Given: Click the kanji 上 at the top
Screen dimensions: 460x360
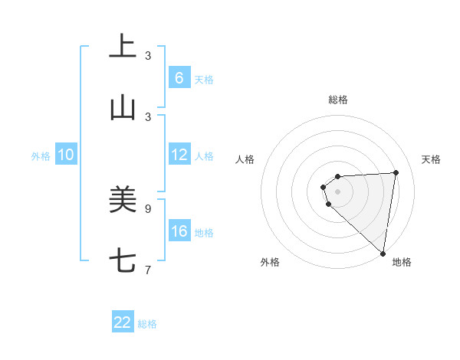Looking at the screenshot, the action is [123, 46].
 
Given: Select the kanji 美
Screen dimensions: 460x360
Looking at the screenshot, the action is [123, 201].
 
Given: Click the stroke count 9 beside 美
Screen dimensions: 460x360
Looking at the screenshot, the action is [148, 208].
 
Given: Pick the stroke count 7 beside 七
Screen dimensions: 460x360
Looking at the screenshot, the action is [148, 270].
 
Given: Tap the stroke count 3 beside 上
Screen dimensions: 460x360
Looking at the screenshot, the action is [148, 55].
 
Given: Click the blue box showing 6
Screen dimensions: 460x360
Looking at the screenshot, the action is [179, 78].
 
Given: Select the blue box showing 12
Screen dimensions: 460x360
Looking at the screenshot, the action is [179, 155].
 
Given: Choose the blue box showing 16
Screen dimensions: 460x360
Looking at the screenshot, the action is [179, 231].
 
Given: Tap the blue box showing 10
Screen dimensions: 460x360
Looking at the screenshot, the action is [66, 155].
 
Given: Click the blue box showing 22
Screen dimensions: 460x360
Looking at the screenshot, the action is [123, 322].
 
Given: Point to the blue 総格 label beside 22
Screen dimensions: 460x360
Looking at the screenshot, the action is [147, 324].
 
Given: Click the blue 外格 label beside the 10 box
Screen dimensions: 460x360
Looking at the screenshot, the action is [41, 156].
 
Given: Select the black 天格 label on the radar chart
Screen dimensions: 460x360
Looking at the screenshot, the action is [431, 159].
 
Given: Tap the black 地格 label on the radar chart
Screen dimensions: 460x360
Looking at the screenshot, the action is [402, 262].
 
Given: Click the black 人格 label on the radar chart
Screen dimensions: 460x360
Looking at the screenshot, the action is [245, 159].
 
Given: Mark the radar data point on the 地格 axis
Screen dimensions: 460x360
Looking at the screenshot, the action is [383, 254].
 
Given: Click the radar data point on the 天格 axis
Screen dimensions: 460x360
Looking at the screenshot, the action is [396, 172].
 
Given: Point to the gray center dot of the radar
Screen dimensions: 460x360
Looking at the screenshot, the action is [337, 191].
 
